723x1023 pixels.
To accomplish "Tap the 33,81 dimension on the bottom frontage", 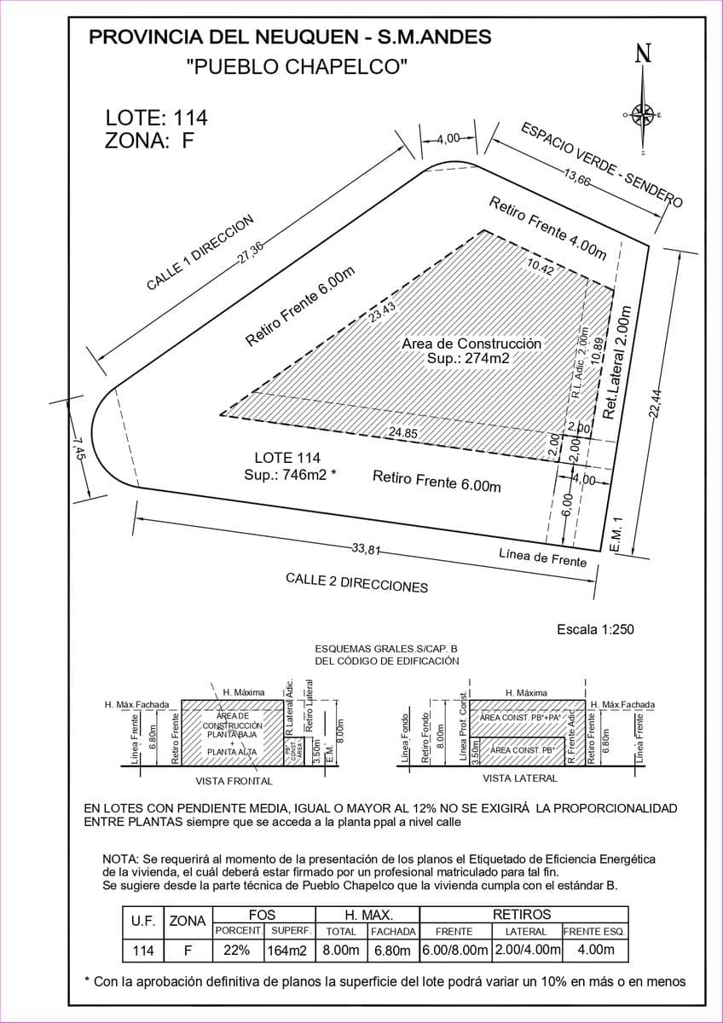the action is pos(366,549).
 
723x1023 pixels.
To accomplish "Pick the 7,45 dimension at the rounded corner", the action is pos(78,447).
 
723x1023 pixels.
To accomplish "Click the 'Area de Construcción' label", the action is pos(471,344).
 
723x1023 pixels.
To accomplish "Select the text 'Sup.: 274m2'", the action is pos(468,359).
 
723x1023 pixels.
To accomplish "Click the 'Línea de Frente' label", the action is pos(543,558).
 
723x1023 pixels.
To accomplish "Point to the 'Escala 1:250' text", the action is pos(595,630).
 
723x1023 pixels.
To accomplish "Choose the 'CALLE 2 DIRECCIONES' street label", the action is pos(356,583).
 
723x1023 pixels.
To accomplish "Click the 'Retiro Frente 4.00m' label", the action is pos(547,228).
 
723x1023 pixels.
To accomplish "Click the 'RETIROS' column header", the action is pos(522,914).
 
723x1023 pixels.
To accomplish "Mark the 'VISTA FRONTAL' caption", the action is pos(234,781).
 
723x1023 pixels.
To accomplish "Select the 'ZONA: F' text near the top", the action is pos(149,142).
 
